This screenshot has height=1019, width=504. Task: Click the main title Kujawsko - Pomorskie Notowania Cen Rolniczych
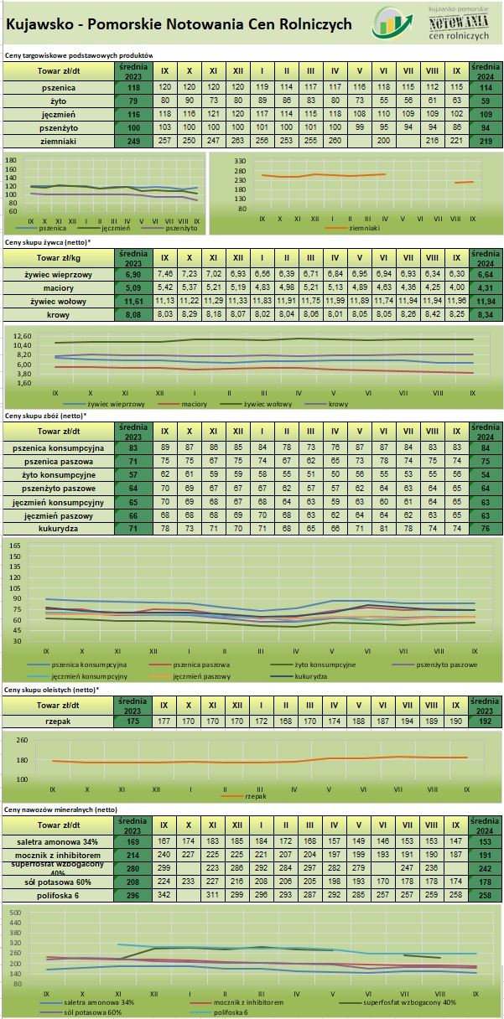coord(179,25)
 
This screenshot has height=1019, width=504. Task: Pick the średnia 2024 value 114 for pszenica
coord(483,87)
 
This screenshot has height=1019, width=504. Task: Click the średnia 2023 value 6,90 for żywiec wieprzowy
coord(133,274)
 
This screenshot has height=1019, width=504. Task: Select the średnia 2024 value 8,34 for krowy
coord(483,314)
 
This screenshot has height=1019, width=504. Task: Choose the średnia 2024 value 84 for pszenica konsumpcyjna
coord(483,447)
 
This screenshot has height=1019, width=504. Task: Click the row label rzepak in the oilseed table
coord(59,721)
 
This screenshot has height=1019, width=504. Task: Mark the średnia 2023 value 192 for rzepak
coord(483,721)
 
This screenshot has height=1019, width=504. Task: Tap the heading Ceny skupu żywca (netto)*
coord(48,241)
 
